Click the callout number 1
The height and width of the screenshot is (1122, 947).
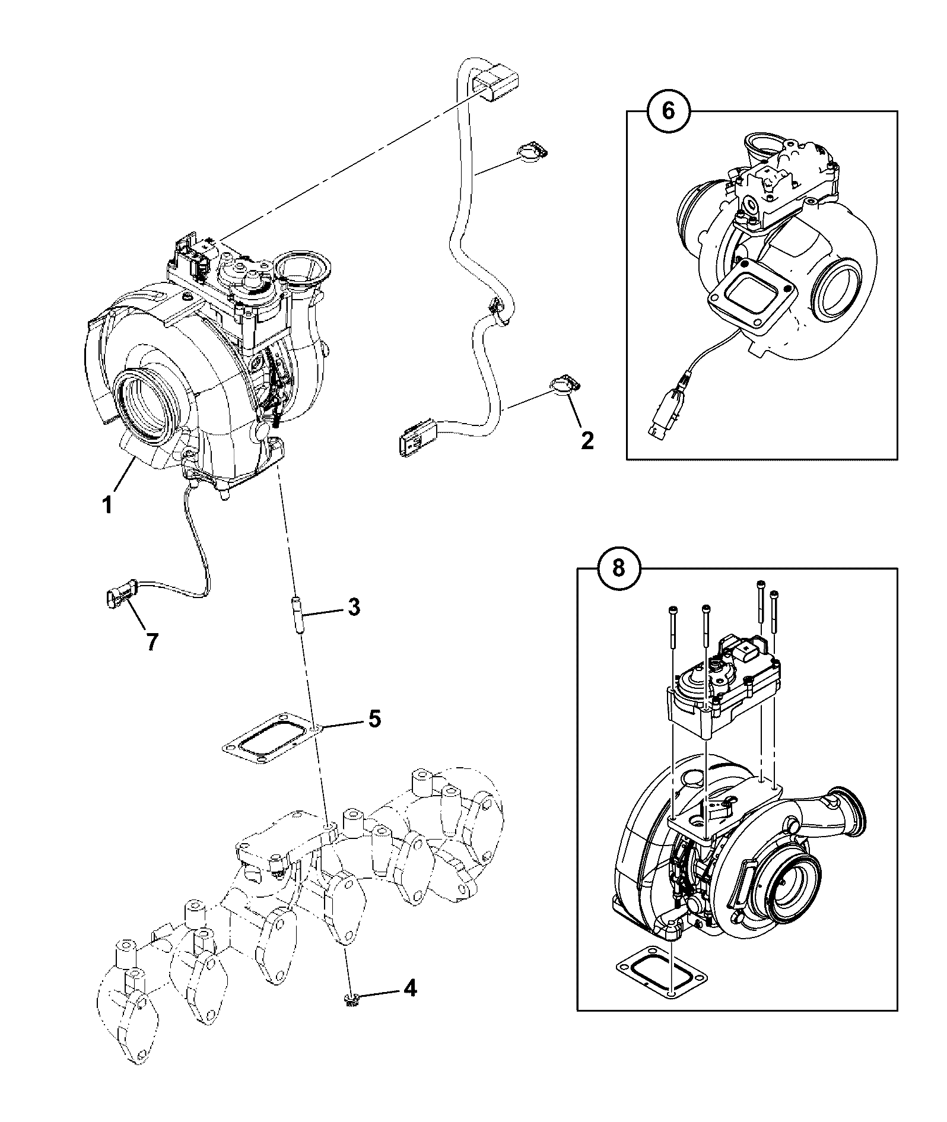point(107,506)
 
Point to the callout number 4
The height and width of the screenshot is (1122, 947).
point(409,988)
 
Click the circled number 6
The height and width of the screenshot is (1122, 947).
point(669,111)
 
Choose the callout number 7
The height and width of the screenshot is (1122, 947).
point(152,641)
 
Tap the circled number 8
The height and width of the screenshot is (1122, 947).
point(619,568)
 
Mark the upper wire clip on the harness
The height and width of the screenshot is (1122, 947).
point(533,152)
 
